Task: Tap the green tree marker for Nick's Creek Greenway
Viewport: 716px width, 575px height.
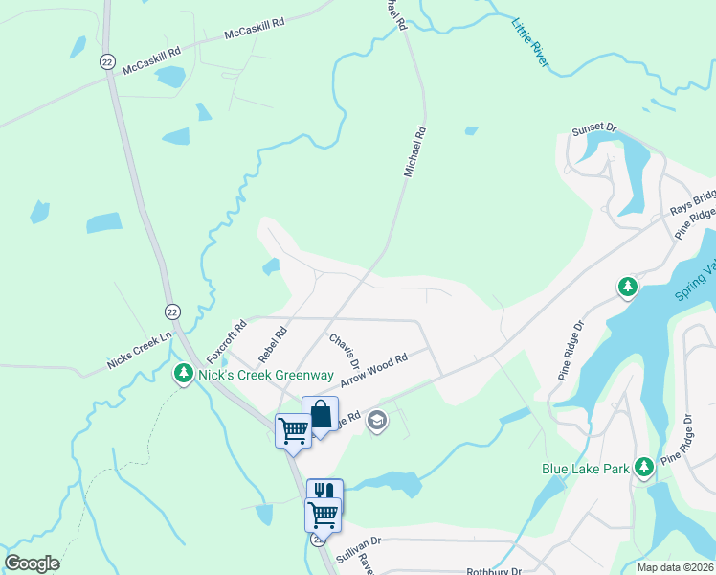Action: (x=183, y=374)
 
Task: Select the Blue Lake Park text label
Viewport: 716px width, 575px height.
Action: (x=585, y=469)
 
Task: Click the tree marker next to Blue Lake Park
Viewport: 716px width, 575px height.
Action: (x=645, y=467)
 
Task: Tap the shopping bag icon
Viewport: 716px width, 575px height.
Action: (x=320, y=415)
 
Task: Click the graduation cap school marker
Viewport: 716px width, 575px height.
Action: (x=377, y=421)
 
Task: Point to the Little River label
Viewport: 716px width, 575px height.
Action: (x=531, y=43)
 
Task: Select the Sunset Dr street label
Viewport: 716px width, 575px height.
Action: (x=595, y=129)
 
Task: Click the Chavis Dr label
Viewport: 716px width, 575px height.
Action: (x=344, y=351)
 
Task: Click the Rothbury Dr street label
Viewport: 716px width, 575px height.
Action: (x=492, y=571)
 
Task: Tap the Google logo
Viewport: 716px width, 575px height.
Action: (x=32, y=563)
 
